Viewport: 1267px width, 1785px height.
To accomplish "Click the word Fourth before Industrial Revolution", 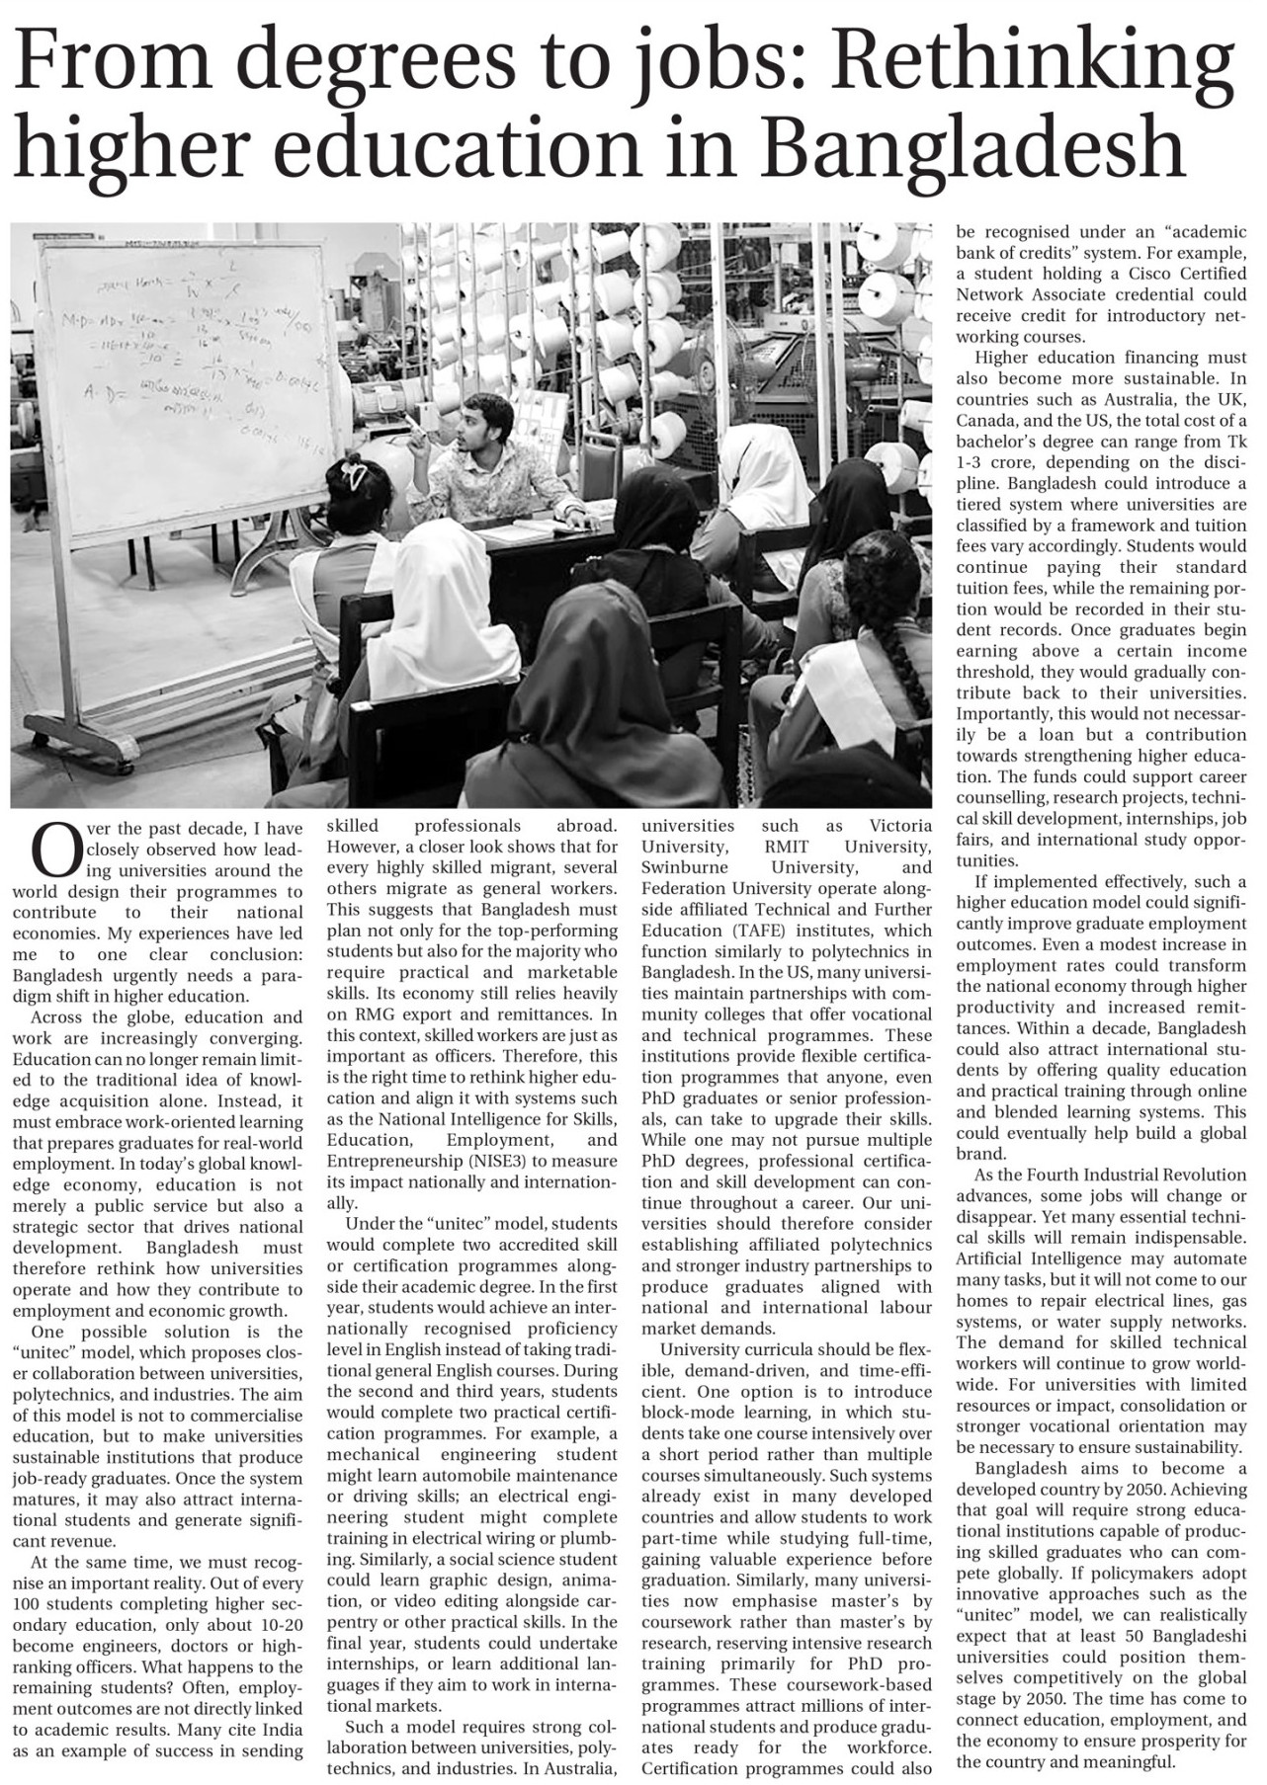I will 1056,1175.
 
